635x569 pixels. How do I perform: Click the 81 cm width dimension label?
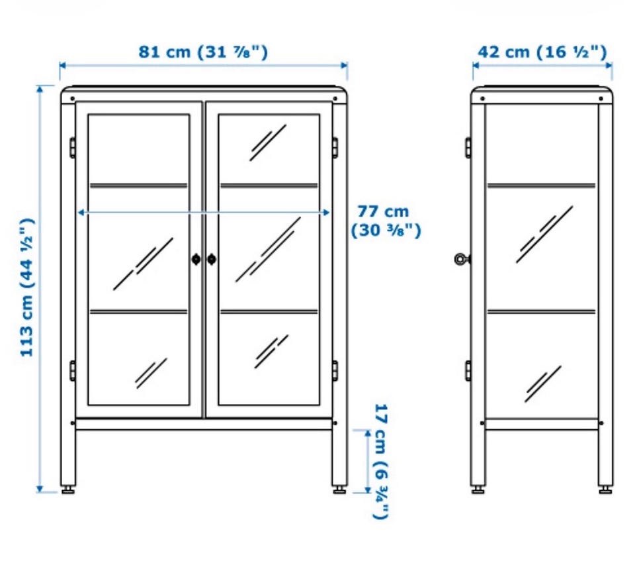pyautogui.click(x=203, y=52)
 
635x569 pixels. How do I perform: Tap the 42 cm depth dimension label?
pyautogui.click(x=542, y=52)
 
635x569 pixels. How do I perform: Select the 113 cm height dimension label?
pyautogui.click(x=28, y=287)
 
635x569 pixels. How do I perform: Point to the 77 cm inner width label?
pyautogui.click(x=386, y=221)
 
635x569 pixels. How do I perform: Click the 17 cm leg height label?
pyautogui.click(x=381, y=461)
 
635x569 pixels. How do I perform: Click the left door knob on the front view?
pyautogui.click(x=196, y=259)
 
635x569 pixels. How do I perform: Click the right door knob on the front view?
pyautogui.click(x=212, y=259)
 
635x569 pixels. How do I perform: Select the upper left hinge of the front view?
pyautogui.click(x=73, y=148)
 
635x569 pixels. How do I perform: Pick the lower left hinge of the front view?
pyautogui.click(x=73, y=371)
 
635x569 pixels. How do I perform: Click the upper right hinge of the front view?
pyautogui.click(x=335, y=148)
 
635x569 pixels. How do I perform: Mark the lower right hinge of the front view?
pyautogui.click(x=335, y=371)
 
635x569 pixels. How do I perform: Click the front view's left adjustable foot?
pyautogui.click(x=68, y=490)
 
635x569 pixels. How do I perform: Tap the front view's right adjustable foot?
pyautogui.click(x=340, y=490)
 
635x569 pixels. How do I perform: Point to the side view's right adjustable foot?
pyautogui.click(x=606, y=490)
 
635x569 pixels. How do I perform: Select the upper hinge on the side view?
pyautogui.click(x=468, y=148)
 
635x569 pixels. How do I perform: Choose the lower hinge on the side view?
pyautogui.click(x=468, y=371)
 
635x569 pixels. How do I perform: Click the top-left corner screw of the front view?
pyautogui.click(x=73, y=99)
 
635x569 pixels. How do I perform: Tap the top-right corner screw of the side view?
pyautogui.click(x=601, y=99)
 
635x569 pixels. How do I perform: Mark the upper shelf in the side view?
pyautogui.click(x=542, y=185)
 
